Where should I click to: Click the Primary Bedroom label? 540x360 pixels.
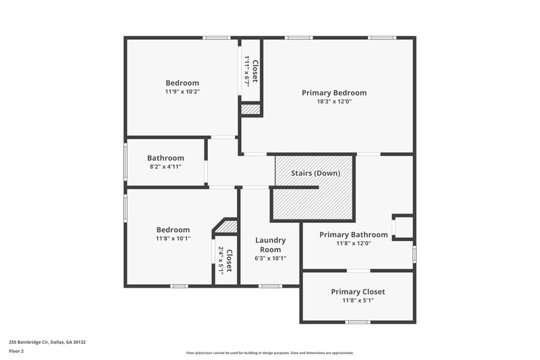[x=334, y=93]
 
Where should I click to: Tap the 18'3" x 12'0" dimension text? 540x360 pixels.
[x=334, y=101]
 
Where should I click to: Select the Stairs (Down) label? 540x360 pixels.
[x=315, y=173]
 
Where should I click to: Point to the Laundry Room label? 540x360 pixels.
[x=270, y=245]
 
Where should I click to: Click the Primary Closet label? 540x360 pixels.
[x=358, y=292]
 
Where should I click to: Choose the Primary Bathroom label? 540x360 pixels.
[x=354, y=234]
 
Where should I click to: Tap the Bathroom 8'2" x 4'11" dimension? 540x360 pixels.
[x=165, y=167]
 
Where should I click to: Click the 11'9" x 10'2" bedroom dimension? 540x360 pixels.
[x=182, y=91]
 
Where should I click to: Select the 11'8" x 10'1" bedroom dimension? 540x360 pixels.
[x=173, y=238]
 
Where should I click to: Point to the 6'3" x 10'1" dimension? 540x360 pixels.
[x=270, y=258]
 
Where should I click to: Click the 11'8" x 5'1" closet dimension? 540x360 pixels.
[x=358, y=301]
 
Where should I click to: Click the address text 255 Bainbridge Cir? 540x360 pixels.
[x=47, y=342]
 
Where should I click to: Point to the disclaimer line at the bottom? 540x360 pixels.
[x=270, y=353]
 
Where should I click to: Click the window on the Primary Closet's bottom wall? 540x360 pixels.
[x=357, y=322]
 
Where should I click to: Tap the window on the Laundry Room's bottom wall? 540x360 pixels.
[x=270, y=286]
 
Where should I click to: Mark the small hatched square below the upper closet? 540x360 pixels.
[x=250, y=109]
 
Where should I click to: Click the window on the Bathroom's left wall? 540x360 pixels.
[x=125, y=162]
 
